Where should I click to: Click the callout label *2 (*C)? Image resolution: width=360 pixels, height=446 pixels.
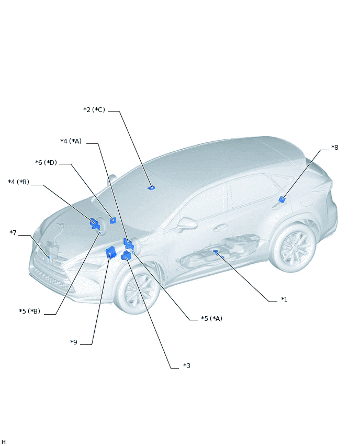click(94, 110)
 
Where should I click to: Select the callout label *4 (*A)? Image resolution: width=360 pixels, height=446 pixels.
click(71, 141)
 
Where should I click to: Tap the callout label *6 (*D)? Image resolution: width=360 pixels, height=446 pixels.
click(46, 163)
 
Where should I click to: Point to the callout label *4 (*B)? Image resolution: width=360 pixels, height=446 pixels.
click(19, 182)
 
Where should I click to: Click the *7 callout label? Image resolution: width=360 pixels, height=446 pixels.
click(13, 232)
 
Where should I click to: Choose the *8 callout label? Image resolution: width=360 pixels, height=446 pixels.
click(335, 147)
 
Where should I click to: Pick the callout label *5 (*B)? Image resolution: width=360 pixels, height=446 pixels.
click(30, 311)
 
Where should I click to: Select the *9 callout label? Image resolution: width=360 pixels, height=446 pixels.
click(74, 342)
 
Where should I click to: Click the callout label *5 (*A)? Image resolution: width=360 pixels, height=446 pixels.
click(211, 319)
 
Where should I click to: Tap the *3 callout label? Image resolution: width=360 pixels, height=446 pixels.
click(187, 366)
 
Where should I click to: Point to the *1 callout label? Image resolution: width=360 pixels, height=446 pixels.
click(284, 299)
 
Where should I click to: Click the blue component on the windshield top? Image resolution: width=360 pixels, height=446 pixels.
click(151, 187)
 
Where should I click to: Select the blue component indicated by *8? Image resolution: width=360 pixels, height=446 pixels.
click(282, 199)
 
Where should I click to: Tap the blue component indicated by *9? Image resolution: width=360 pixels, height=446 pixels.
click(110, 252)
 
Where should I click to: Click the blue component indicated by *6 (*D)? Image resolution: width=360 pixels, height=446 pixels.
click(113, 220)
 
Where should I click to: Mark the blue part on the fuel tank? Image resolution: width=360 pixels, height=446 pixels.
click(216, 251)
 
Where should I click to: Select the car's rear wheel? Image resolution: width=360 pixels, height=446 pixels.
click(293, 247)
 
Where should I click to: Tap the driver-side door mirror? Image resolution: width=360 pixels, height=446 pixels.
click(186, 224)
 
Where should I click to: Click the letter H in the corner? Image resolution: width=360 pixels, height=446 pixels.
click(4, 442)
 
